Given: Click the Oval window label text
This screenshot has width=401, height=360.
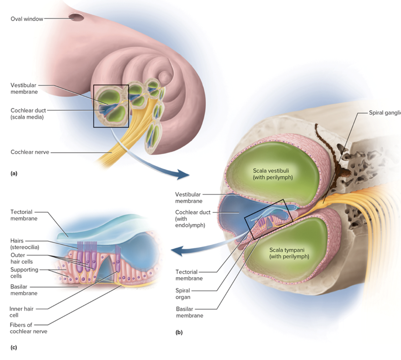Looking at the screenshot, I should [27, 19].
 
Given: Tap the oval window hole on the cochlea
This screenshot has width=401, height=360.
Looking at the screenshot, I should [77, 17].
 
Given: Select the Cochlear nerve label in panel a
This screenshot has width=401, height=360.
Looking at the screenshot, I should [30, 152].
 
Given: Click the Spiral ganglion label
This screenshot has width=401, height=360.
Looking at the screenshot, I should [385, 113].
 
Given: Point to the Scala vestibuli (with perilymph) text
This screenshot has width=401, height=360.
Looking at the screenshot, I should [272, 174].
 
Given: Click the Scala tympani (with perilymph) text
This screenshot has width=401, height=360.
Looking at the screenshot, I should [289, 253].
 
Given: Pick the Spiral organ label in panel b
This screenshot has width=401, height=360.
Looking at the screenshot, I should [183, 294].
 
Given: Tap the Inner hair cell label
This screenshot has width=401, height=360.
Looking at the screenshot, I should [21, 312].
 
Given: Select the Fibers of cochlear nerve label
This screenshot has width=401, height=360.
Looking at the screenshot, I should [28, 328].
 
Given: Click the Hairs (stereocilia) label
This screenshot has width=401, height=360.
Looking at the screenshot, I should [25, 244].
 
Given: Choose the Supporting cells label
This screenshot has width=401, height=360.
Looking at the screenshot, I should [24, 273].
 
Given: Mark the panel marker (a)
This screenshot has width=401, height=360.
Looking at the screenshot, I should [14, 173].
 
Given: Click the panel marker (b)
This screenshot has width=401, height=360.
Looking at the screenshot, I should [179, 332].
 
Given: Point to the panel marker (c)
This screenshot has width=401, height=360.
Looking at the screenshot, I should [14, 347].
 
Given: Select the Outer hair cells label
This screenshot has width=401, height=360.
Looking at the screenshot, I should [21, 258].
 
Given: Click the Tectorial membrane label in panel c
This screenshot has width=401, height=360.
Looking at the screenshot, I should [24, 215].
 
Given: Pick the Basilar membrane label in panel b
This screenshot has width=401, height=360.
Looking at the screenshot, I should [189, 312].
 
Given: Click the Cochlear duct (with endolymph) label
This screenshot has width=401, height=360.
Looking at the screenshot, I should [192, 219].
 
